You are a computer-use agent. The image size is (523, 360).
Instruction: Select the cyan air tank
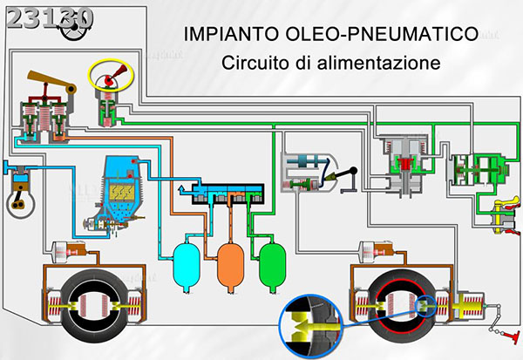[186, 259]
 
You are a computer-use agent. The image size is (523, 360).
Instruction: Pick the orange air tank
[230, 259]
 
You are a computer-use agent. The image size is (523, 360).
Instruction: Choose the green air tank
[273, 259]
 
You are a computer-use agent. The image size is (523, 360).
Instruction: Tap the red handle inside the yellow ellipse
[107, 80]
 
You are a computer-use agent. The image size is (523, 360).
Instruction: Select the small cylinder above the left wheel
[65, 252]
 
